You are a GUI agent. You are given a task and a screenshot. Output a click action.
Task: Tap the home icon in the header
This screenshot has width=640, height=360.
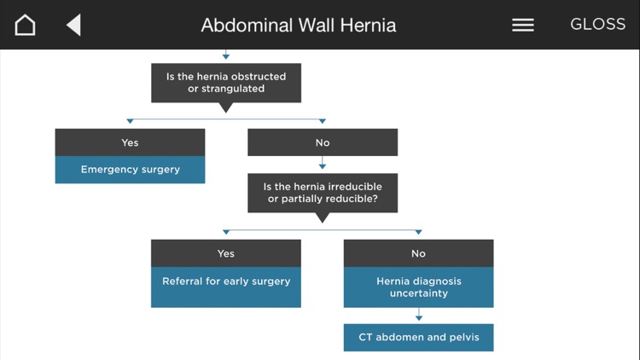pyautogui.click(x=26, y=25)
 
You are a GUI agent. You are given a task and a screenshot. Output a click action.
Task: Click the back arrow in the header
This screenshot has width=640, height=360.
pyautogui.click(x=73, y=25)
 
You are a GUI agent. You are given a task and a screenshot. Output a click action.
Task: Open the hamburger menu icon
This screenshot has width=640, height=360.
pyautogui.click(x=523, y=25)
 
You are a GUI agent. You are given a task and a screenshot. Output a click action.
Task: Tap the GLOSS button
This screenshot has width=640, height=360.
pyautogui.click(x=597, y=25)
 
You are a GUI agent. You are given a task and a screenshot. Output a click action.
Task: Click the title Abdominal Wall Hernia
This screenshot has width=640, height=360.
pyautogui.click(x=299, y=25)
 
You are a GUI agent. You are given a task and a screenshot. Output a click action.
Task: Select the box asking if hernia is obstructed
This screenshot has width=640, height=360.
pyautogui.click(x=226, y=83)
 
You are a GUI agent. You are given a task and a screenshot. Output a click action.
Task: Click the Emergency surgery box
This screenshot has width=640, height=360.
pyautogui.click(x=130, y=170)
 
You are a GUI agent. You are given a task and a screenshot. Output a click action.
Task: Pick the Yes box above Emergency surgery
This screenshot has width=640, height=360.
pyautogui.click(x=130, y=142)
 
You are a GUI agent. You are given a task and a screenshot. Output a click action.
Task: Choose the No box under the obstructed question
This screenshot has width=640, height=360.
pyautogui.click(x=323, y=142)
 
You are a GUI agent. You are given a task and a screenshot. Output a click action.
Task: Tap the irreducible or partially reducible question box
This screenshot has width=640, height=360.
pyautogui.click(x=323, y=193)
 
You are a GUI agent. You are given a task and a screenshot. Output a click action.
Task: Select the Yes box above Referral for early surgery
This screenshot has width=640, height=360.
pyautogui.click(x=226, y=253)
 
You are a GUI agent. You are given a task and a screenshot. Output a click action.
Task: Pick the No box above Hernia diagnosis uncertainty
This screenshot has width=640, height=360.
pyautogui.click(x=418, y=253)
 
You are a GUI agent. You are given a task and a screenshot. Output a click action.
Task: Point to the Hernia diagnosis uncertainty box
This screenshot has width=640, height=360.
pyautogui.click(x=418, y=287)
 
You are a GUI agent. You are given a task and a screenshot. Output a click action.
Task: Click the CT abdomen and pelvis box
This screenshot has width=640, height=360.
pyautogui.click(x=418, y=337)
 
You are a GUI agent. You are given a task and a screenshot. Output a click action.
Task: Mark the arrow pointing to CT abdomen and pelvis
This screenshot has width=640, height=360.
pyautogui.click(x=418, y=316)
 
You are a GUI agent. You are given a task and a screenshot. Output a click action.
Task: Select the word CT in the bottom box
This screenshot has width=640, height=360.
pyautogui.click(x=365, y=337)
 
